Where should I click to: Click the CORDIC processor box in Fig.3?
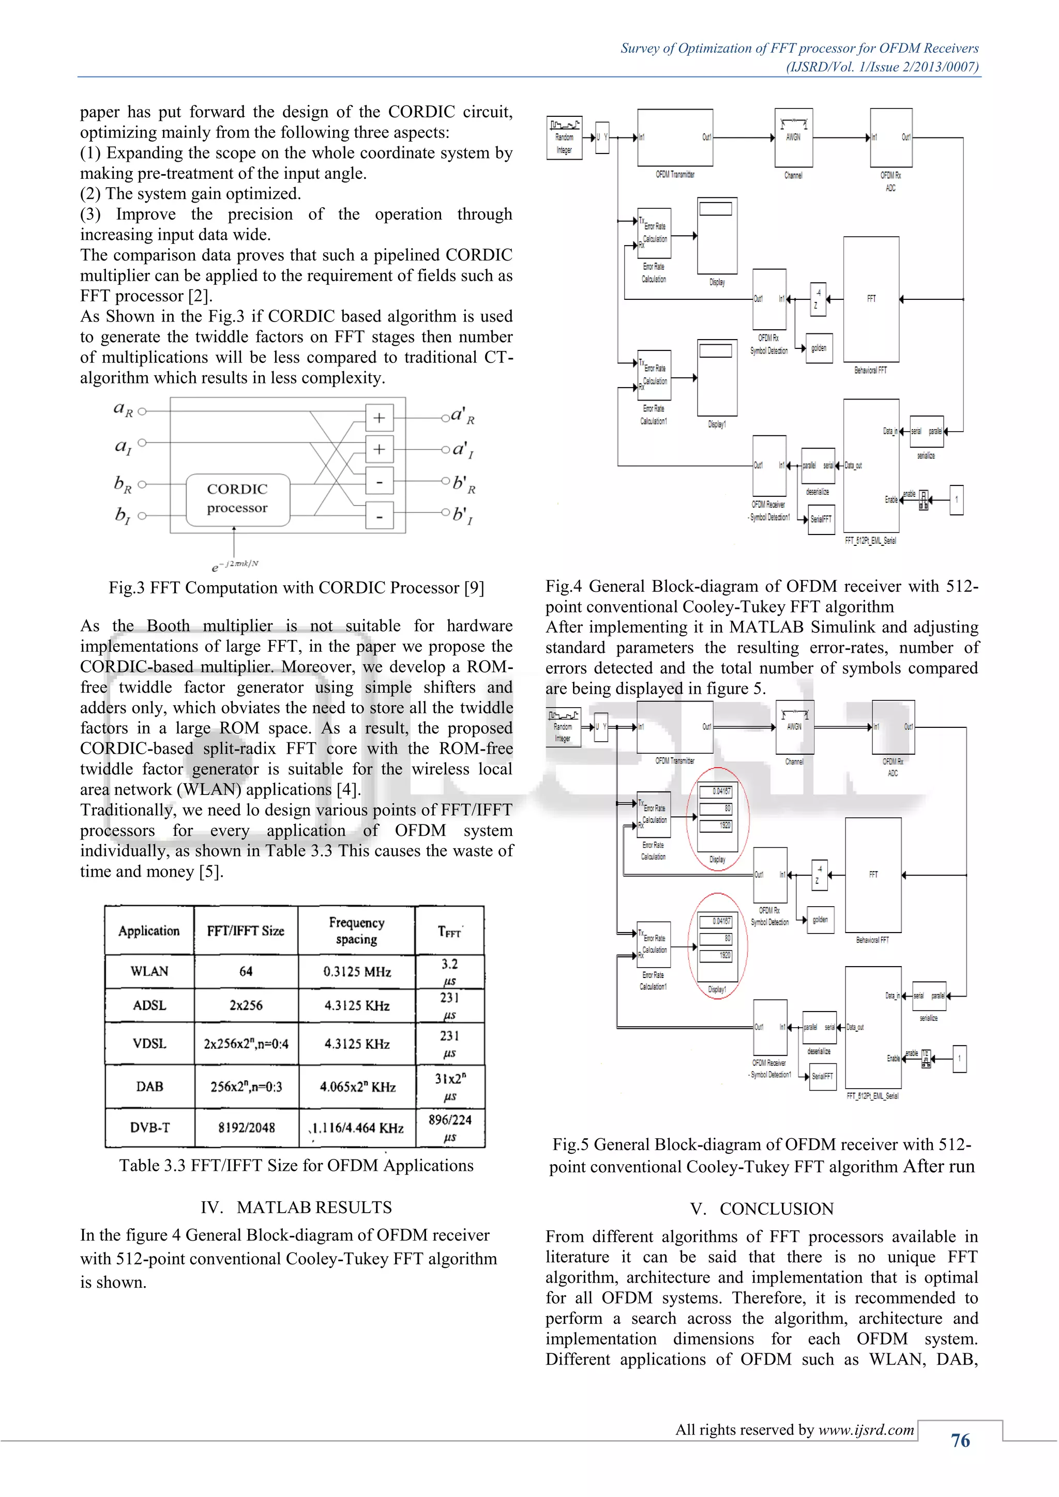tap(237, 499)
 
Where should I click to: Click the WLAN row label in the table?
tap(149, 971)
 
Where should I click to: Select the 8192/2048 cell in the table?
tap(247, 1128)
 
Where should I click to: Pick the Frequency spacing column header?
tap(357, 930)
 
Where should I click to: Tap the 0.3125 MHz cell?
tap(357, 971)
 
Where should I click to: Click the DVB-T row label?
tap(149, 1128)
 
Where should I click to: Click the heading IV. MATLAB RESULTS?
tap(296, 1208)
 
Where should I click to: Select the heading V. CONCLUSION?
tap(762, 1209)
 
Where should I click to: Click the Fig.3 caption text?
tap(296, 588)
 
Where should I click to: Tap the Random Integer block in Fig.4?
tap(564, 138)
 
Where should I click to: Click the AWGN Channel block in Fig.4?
tap(793, 138)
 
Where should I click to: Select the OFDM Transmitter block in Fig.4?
tap(675, 138)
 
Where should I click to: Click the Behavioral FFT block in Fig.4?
tap(871, 299)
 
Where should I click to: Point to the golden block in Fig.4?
tap(819, 349)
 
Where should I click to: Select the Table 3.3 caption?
tap(296, 1166)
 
